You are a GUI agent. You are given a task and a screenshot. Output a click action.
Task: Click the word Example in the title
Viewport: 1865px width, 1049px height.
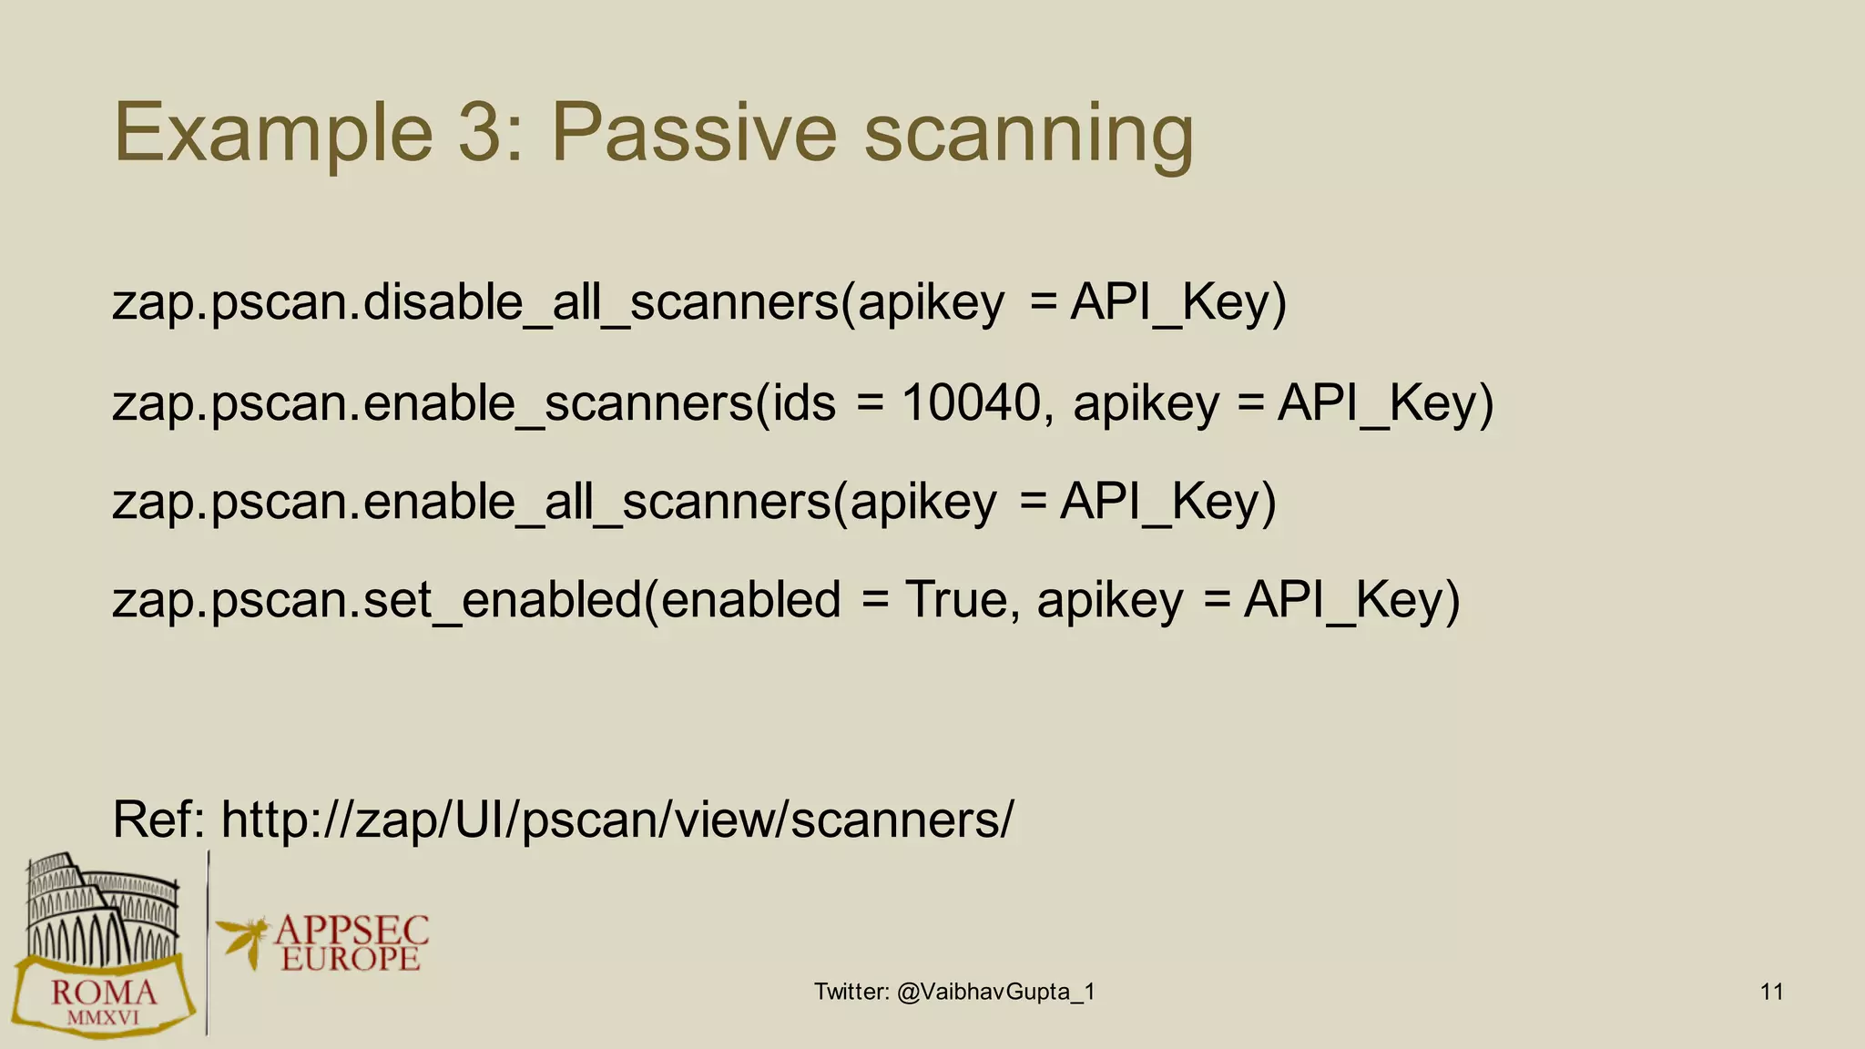[273, 133]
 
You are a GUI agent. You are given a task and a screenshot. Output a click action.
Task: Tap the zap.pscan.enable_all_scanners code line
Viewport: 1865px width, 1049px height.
[694, 501]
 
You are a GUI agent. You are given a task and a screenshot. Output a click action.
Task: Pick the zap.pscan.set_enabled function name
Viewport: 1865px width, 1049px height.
[377, 599]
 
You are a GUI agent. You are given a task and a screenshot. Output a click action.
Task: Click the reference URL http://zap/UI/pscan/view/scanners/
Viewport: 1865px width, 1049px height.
[617, 819]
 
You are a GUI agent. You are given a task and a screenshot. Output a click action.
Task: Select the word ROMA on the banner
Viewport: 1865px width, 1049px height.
[103, 993]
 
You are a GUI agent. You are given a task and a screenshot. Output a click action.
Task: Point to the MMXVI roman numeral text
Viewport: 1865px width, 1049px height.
[103, 1018]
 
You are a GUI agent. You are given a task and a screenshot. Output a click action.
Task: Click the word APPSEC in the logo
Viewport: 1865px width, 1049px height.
[351, 931]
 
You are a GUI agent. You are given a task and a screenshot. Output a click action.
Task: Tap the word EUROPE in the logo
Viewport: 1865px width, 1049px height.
[351, 959]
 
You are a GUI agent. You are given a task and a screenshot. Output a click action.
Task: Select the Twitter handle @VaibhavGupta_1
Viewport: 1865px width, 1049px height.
[995, 992]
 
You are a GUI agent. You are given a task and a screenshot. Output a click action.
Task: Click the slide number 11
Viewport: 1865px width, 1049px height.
[1771, 992]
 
